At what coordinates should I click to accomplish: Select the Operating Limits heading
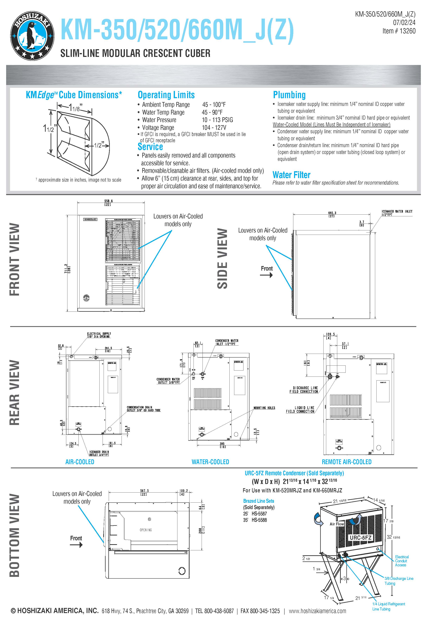[x=166, y=95]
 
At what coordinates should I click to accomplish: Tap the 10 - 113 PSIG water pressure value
[x=217, y=120]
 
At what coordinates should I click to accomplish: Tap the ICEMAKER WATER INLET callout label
[x=397, y=213]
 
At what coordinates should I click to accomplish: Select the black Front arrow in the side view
[x=267, y=275]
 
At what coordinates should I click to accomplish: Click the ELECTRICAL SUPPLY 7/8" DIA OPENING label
[x=99, y=335]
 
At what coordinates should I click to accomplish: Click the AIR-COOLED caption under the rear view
[x=80, y=462]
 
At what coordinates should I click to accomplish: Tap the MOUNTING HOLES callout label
[x=264, y=408]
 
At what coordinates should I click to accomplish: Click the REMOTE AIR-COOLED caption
[x=346, y=462]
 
